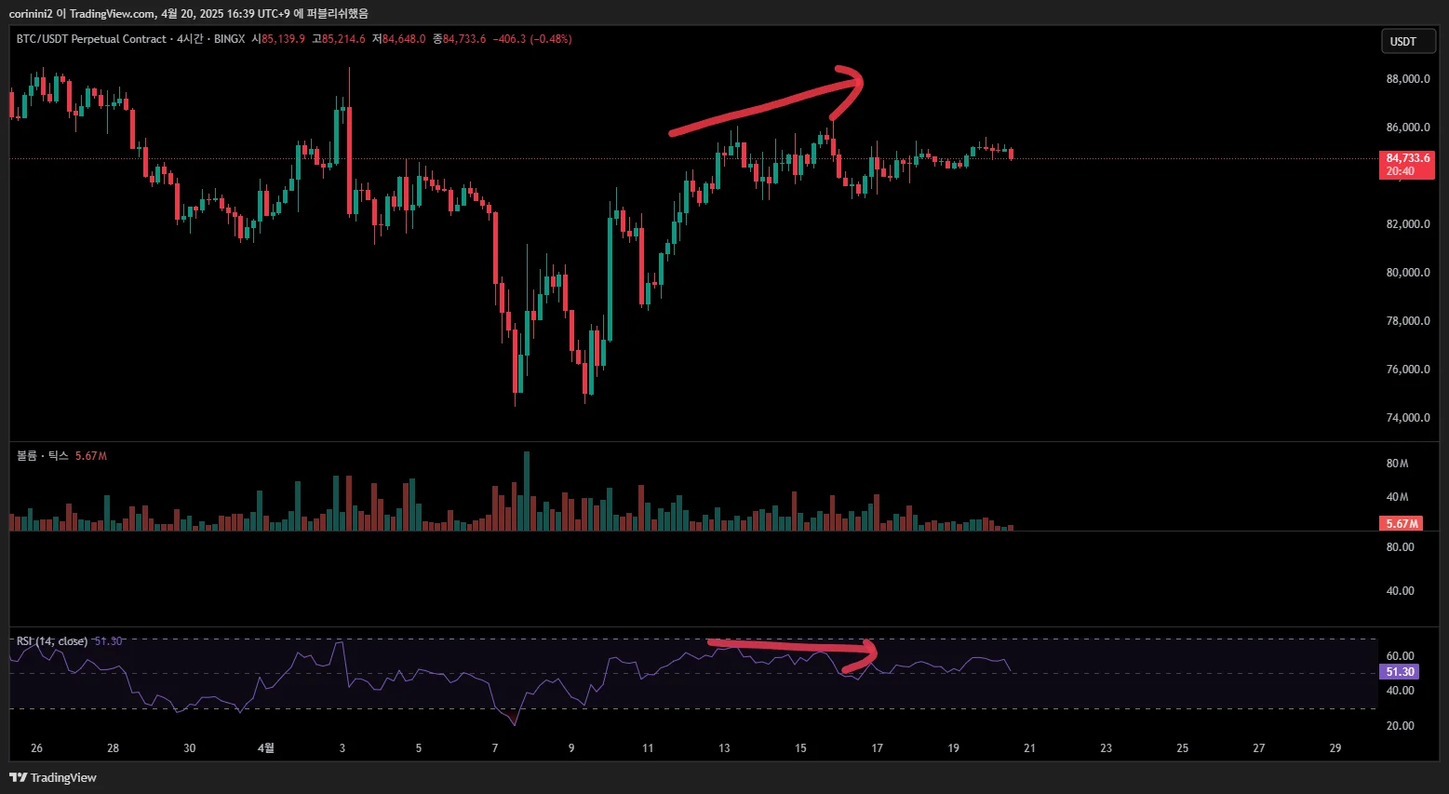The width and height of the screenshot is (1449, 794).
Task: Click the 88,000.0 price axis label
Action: point(1407,79)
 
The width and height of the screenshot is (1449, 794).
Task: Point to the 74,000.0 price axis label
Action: point(1407,418)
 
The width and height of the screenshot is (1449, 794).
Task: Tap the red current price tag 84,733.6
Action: point(1407,159)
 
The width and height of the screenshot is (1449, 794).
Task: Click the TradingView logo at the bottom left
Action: point(53,777)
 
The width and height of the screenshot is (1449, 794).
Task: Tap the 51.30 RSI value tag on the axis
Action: point(1400,672)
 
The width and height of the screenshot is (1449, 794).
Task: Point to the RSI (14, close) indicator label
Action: point(52,641)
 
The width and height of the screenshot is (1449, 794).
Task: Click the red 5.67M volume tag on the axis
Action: point(1402,524)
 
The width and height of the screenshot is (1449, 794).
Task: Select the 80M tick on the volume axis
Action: point(1397,464)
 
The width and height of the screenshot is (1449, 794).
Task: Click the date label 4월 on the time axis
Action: point(265,748)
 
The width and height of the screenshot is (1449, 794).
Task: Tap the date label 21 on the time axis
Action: point(1029,748)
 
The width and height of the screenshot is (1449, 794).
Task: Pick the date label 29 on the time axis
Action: point(1335,748)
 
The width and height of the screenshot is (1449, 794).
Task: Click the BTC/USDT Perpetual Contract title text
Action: point(91,39)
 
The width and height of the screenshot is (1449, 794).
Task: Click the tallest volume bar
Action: point(527,491)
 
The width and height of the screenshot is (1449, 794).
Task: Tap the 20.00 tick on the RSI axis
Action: point(1400,726)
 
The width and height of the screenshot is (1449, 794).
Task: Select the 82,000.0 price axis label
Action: point(1407,224)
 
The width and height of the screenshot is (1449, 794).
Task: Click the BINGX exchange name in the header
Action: point(229,39)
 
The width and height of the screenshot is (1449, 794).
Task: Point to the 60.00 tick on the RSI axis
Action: point(1400,656)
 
